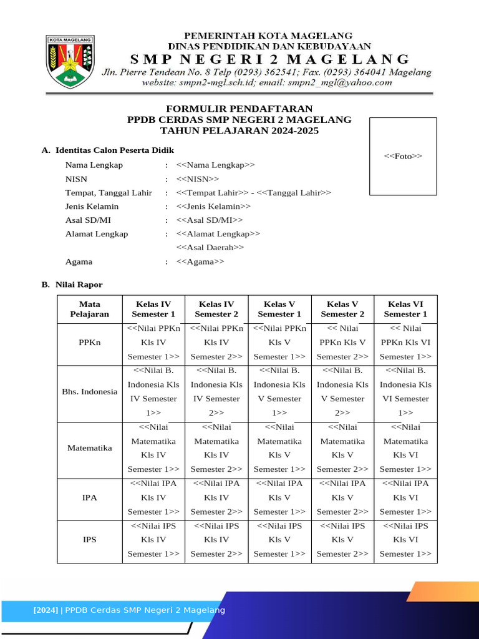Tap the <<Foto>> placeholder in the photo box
tap(403, 156)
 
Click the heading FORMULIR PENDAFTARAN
tap(239, 109)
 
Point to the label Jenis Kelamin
tap(92, 207)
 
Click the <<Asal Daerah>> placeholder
tap(210, 248)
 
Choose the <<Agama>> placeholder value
tap(200, 262)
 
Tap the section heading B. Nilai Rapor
tap(72, 285)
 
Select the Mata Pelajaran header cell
tap(90, 309)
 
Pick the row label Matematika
tap(90, 448)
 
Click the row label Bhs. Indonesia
tap(90, 392)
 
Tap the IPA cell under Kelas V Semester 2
tap(342, 497)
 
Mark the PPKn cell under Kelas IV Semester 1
tap(153, 343)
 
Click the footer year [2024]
tap(46, 610)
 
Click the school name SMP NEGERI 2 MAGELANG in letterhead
tap(269, 59)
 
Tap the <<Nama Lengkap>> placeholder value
tap(216, 165)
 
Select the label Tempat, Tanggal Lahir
tap(109, 193)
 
